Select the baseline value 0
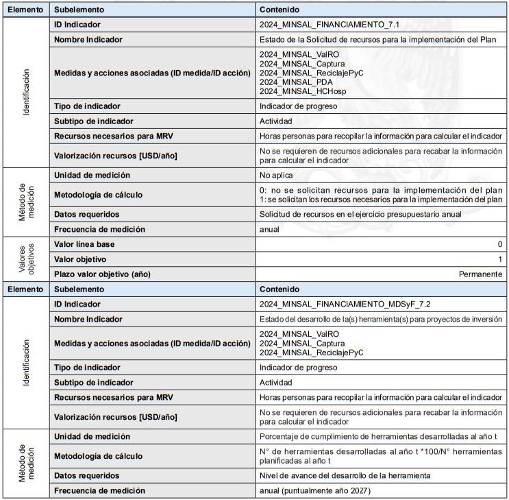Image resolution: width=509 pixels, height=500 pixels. [500, 244]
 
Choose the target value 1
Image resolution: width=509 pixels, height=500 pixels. [500, 259]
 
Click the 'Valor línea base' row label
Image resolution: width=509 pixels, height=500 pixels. [84, 244]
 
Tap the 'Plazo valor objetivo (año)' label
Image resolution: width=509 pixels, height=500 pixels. [102, 274]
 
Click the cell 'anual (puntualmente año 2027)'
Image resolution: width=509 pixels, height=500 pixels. [317, 490]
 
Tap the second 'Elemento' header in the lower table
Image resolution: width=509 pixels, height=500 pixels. [25, 289]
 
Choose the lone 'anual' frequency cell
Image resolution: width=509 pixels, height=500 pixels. [270, 229]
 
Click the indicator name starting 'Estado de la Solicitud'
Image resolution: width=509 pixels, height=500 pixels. [377, 40]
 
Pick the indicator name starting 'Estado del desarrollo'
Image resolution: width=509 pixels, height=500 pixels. [380, 319]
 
